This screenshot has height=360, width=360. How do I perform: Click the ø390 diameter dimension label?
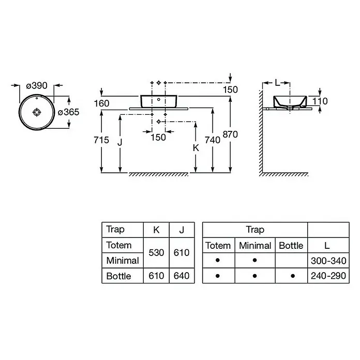[x=37, y=86]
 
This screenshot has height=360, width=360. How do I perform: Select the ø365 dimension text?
[x=68, y=112]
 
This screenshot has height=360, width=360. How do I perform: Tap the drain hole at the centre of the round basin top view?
[x=37, y=112]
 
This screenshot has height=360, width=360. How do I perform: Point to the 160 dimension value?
[x=102, y=103]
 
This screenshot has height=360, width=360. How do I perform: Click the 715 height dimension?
[x=101, y=140]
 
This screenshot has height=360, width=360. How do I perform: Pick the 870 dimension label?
[x=230, y=134]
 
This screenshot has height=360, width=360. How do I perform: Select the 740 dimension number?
[x=213, y=140]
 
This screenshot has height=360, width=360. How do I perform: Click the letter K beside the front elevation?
[x=196, y=148]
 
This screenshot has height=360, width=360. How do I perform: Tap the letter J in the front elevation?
[x=119, y=143]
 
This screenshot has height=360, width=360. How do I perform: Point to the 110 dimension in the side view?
[x=320, y=101]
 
